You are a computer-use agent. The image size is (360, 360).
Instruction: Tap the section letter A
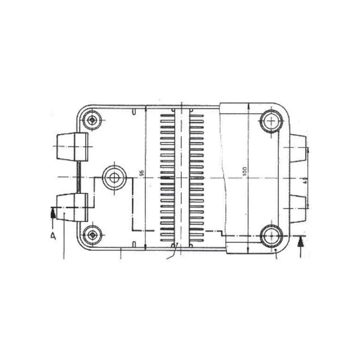click(53, 236)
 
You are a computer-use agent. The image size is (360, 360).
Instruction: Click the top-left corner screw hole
click(93, 120)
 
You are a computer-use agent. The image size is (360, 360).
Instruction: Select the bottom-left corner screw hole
click(93, 235)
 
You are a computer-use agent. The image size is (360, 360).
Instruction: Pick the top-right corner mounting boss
click(271, 121)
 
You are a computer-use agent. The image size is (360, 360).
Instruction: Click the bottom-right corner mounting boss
click(271, 236)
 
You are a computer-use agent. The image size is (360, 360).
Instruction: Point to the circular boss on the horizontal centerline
click(114, 177)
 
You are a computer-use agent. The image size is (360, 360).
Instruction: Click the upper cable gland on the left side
click(72, 147)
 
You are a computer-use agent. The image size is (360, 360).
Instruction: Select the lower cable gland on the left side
click(72, 207)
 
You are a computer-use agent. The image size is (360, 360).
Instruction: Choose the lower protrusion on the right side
click(298, 208)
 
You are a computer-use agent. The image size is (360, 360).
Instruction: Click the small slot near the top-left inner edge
click(134, 112)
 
